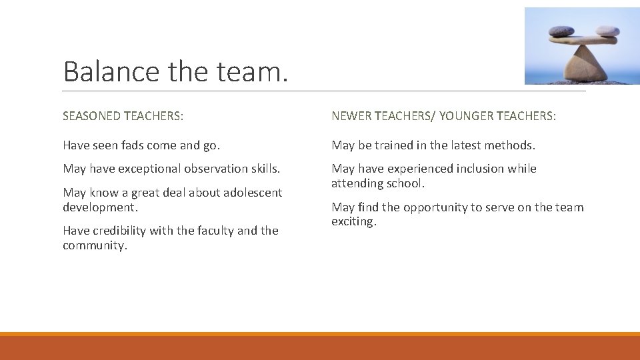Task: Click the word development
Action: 100,207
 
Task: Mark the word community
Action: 93,245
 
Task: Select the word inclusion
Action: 481,169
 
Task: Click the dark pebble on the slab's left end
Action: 561,31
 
